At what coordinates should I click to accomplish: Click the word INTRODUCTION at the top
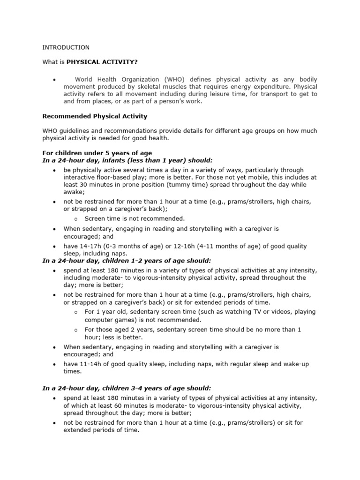tap(66, 47)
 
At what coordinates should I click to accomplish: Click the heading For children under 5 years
tap(97, 153)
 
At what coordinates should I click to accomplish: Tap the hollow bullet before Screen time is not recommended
tap(76, 218)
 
